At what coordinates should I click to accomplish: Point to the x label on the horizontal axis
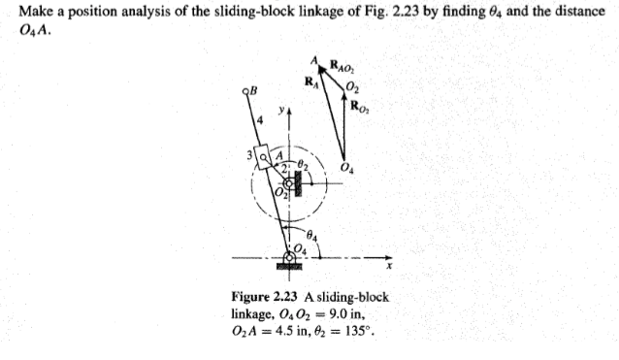point(387,264)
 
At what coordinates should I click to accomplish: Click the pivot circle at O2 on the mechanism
point(288,182)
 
